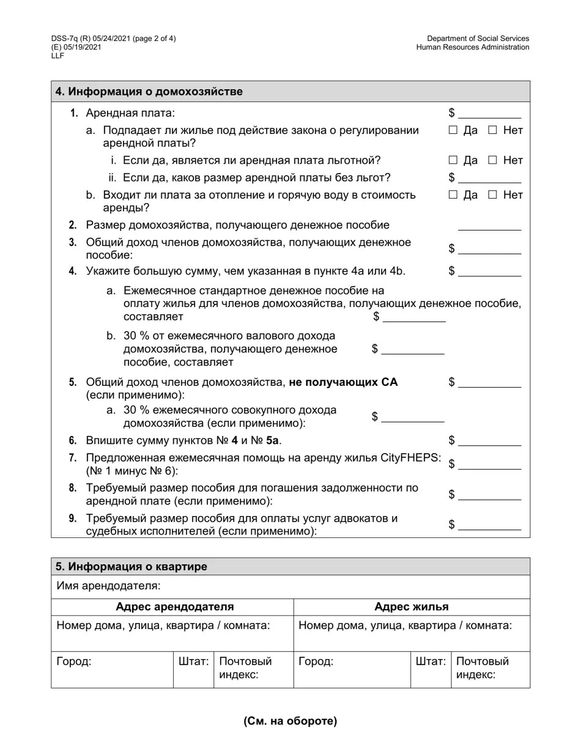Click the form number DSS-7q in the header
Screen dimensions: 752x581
[65, 39]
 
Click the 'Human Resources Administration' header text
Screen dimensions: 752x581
[473, 47]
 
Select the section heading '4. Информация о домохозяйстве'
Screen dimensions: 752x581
[149, 92]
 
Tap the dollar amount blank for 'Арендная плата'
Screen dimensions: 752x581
[489, 113]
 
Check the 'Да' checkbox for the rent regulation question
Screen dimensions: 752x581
[453, 130]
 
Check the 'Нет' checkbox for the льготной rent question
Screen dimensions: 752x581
[492, 160]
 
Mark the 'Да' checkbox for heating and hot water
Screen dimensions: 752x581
[453, 195]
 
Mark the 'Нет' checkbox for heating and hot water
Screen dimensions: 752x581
[492, 195]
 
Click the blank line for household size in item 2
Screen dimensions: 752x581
[489, 226]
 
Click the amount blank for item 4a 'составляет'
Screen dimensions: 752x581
[414, 317]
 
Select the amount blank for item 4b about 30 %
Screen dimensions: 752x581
[413, 349]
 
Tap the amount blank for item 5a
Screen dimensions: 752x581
[413, 417]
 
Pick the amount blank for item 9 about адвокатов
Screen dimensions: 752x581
[489, 525]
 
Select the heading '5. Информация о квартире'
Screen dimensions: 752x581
[131, 567]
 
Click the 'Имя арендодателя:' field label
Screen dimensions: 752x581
[109, 586]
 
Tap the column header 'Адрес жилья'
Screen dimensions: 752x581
[411, 607]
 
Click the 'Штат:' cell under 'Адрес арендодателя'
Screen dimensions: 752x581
[193, 662]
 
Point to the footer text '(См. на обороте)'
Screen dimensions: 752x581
[290, 721]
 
